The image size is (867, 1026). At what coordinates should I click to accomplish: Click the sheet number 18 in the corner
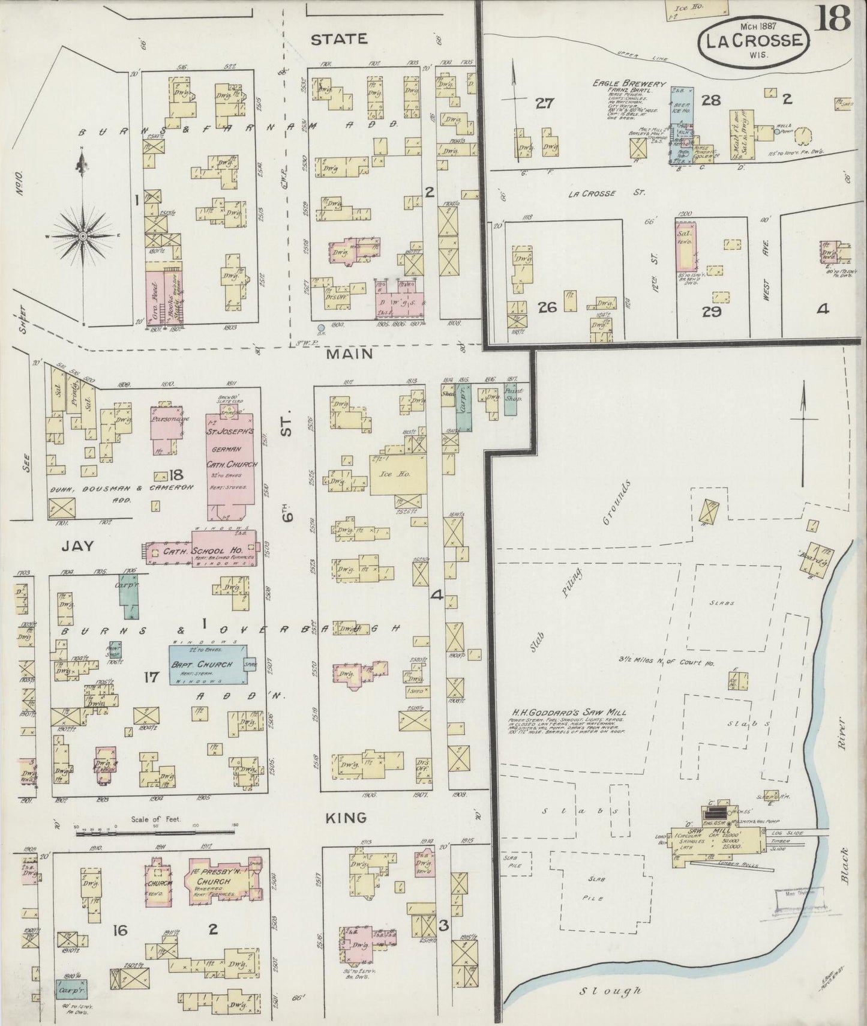tap(833, 18)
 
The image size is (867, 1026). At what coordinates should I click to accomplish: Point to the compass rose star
tap(82, 236)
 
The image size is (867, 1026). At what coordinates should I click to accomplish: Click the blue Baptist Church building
tap(207, 665)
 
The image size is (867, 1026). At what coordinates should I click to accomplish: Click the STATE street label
tap(339, 39)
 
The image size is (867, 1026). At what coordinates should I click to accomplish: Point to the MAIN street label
tap(349, 354)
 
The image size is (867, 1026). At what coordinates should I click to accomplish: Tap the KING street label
tap(346, 818)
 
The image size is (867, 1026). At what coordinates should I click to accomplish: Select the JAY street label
tap(78, 546)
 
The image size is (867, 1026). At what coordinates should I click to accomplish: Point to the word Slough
tap(610, 991)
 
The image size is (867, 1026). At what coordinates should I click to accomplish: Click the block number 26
tap(547, 307)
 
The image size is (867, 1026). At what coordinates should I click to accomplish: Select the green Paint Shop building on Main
tap(511, 400)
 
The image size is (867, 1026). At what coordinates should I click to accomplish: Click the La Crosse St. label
tap(606, 193)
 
